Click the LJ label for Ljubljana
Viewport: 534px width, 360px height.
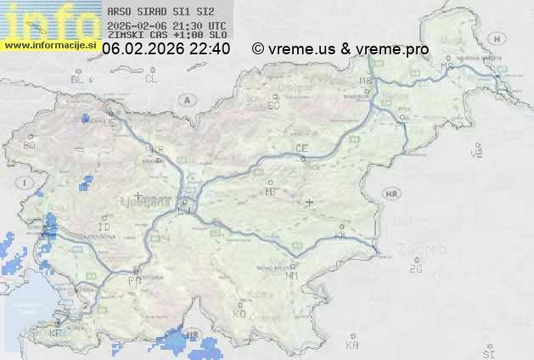point(184,211)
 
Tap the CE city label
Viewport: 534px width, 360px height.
point(301,149)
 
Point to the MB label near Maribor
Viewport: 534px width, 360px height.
point(366,81)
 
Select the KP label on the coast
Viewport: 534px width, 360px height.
point(56,334)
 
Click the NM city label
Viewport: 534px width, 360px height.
point(293,275)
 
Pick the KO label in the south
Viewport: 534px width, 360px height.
point(239,313)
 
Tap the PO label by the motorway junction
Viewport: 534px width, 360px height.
point(133,280)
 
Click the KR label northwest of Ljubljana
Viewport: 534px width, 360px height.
point(157,149)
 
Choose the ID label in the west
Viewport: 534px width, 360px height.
point(104,228)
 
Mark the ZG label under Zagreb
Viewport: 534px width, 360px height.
point(415,269)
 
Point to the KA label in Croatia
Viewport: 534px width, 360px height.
point(352,346)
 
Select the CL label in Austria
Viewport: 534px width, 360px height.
point(151,79)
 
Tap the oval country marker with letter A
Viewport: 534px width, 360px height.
point(185,99)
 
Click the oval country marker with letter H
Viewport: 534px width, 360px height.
point(502,39)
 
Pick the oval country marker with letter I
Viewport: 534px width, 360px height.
point(26,183)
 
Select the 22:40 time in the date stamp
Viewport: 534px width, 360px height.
point(211,49)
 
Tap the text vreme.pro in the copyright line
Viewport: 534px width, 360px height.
point(392,49)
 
